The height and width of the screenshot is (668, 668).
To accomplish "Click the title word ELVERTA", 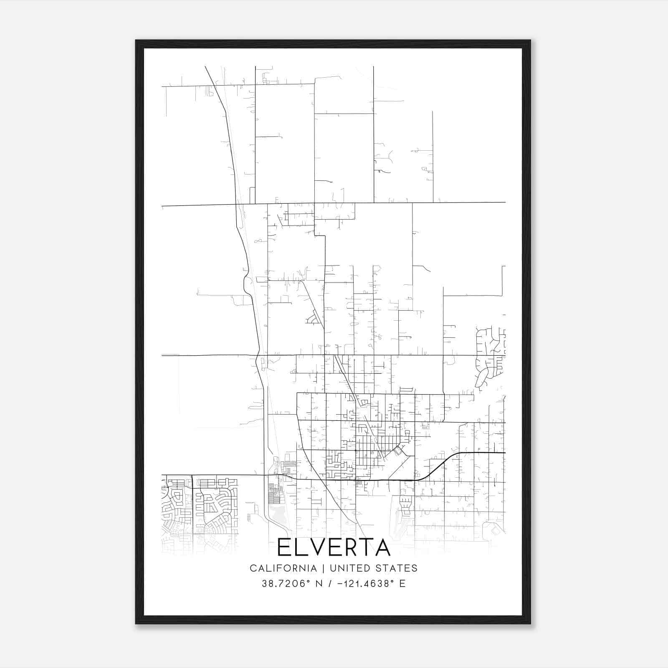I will pos(334,548).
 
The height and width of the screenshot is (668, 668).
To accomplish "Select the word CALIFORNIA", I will pos(283,568).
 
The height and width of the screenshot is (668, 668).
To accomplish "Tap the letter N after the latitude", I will pos(320,584).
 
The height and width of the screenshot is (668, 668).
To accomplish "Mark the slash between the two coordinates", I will pos(330,584).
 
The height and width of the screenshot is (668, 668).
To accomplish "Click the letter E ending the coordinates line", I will pos(402,584).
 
